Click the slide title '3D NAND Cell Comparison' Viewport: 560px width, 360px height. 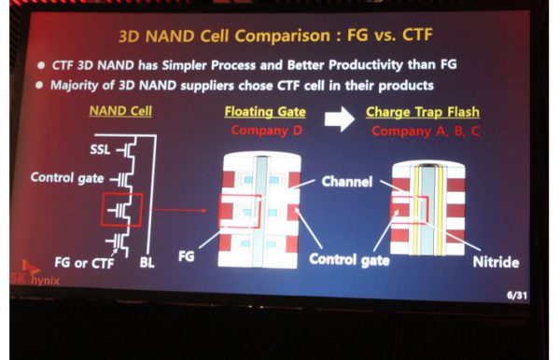225,36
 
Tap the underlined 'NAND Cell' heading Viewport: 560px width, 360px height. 120,111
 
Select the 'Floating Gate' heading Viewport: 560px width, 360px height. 265,112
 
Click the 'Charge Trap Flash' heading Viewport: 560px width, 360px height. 423,113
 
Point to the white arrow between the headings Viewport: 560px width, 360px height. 340,119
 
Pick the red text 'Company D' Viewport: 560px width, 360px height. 267,131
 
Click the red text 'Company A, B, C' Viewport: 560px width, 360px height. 426,132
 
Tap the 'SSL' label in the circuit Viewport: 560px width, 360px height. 100,149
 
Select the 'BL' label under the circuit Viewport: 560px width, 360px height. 147,263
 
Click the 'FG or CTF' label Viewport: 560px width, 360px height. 84,263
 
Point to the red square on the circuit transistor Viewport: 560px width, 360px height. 121,210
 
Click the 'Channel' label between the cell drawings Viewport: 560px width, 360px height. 347,182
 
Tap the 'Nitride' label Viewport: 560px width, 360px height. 496,262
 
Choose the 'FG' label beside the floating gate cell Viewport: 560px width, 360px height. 186,256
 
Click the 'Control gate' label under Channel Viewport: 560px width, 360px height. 349,259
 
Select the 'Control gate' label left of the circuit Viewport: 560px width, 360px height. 67,178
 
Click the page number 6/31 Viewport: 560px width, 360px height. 516,296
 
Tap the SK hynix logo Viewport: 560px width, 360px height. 35,273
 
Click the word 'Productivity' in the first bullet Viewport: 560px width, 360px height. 366,65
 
